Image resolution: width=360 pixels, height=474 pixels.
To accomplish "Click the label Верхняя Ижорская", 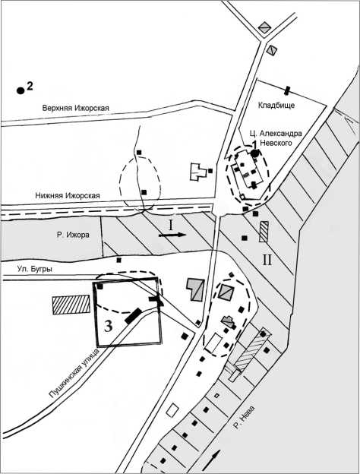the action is pyautogui.click(x=75, y=108).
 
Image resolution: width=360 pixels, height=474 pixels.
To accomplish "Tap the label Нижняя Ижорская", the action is pyautogui.click(x=68, y=195).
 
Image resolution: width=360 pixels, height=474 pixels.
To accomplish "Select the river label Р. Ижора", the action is pyautogui.click(x=73, y=235).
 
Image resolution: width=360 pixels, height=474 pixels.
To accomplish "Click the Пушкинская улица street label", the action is pyautogui.click(x=74, y=373).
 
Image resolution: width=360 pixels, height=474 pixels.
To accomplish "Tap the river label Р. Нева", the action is pyautogui.click(x=244, y=418).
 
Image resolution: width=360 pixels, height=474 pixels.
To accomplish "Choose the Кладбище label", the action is pyautogui.click(x=276, y=105).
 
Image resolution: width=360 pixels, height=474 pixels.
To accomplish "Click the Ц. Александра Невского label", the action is pyautogui.click(x=276, y=137).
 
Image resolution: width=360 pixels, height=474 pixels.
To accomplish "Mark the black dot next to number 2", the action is pyautogui.click(x=21, y=90).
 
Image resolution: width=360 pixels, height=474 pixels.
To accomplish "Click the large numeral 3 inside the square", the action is pyautogui.click(x=109, y=326).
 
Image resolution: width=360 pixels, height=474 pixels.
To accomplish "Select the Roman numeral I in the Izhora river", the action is pyautogui.click(x=171, y=225).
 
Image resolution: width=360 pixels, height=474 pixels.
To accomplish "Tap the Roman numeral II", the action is pyautogui.click(x=267, y=260).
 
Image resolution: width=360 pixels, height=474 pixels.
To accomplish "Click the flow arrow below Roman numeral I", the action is pyautogui.click(x=172, y=235).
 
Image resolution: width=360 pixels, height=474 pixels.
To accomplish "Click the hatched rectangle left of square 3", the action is pyautogui.click(x=71, y=305).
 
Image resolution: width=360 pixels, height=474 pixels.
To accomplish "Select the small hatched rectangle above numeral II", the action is pyautogui.click(x=264, y=232).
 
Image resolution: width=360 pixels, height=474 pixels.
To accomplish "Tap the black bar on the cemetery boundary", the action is pyautogui.click(x=287, y=90).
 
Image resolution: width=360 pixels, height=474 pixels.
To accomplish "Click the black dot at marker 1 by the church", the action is pyautogui.click(x=255, y=153).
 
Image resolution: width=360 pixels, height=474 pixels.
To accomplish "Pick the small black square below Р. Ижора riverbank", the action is pyautogui.click(x=119, y=260).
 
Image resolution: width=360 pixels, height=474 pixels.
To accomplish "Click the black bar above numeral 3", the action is pyautogui.click(x=134, y=315).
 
